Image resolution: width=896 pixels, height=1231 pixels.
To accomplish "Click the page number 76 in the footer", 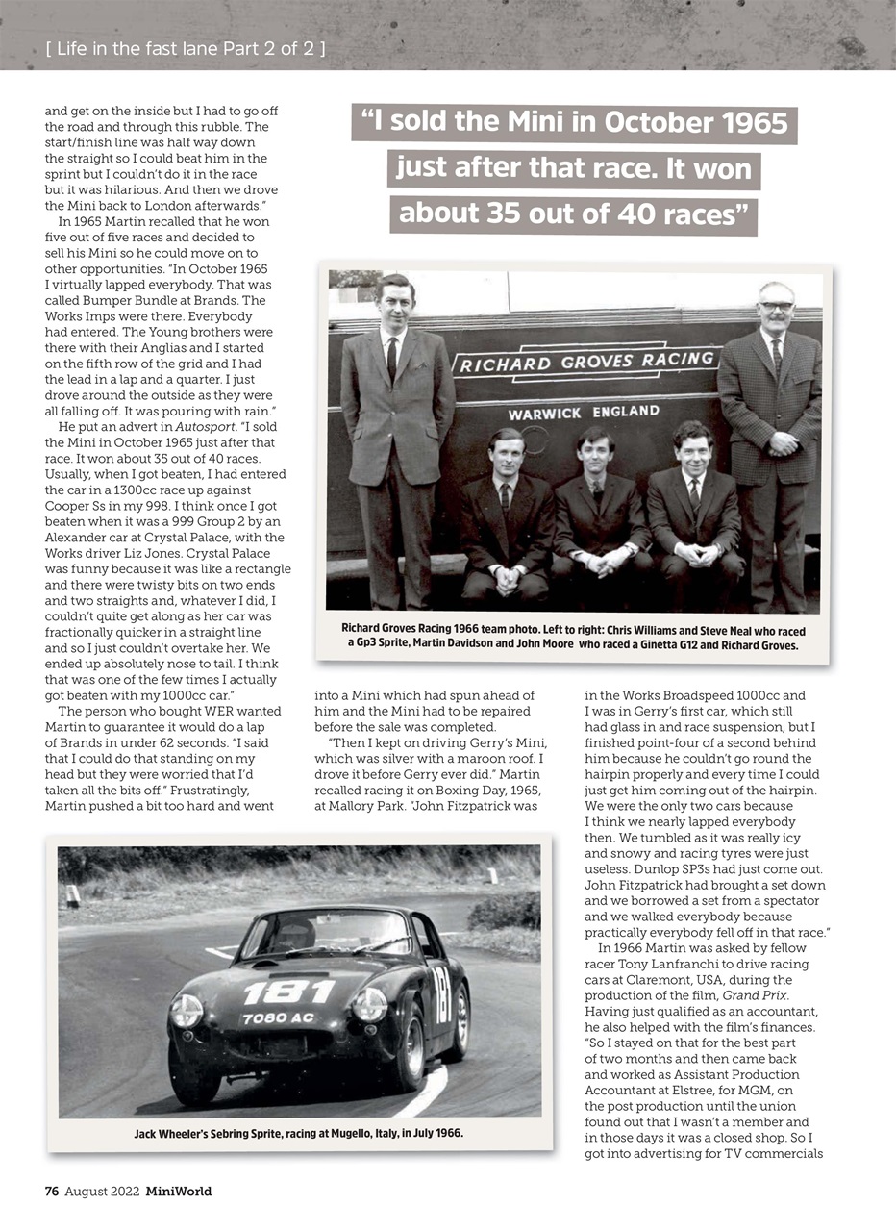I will (52, 1192).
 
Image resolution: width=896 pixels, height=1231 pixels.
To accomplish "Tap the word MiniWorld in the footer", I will (179, 1192).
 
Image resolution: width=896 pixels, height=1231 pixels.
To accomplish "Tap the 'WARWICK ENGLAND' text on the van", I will (584, 414).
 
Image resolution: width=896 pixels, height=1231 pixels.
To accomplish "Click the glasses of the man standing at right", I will (776, 306).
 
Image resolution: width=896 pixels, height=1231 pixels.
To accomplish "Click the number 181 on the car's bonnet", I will (288, 991).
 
